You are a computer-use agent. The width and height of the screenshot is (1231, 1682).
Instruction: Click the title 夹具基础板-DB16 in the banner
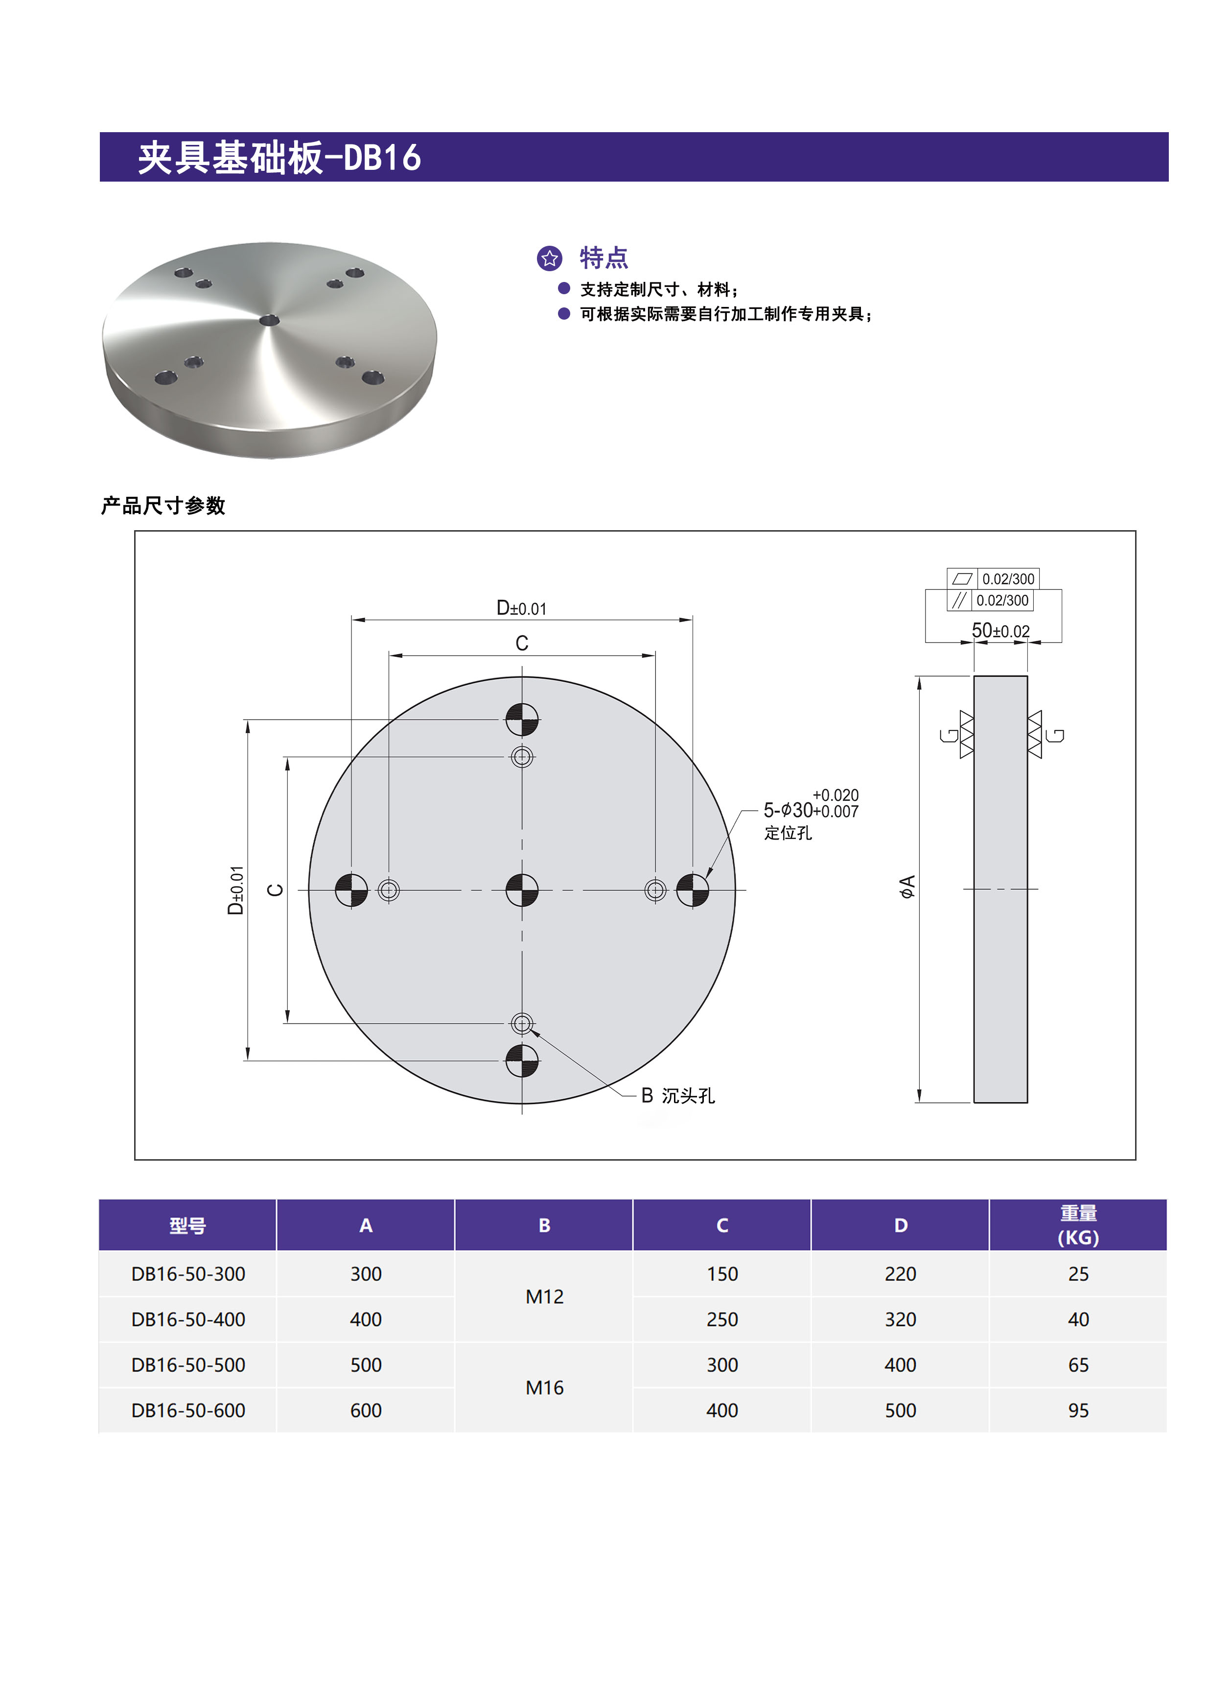279,158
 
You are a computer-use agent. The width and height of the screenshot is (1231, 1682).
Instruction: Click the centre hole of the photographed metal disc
269,321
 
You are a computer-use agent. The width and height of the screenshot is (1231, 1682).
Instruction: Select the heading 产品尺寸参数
163,506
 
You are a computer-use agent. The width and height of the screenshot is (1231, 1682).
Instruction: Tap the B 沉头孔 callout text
677,1096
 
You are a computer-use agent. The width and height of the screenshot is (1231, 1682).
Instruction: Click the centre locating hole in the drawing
522,890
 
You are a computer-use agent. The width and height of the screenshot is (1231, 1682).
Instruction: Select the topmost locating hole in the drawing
522,719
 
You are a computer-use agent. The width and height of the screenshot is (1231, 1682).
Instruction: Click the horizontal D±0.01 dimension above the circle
522,608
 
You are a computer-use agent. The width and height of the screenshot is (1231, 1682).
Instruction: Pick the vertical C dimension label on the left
275,890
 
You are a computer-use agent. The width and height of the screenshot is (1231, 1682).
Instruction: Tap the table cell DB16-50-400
188,1319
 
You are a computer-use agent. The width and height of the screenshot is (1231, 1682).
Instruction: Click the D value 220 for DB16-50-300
900,1274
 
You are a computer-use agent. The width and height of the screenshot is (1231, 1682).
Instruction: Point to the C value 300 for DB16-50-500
722,1364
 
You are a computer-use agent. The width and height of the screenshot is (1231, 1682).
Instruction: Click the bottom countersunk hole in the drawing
522,1023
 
